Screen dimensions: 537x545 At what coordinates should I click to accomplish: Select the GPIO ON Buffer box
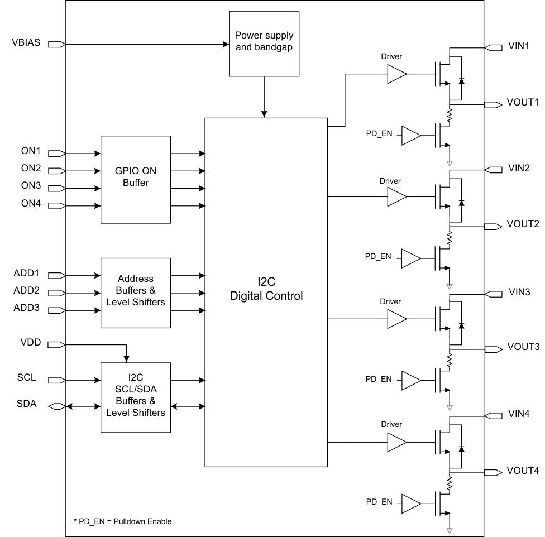point(135,179)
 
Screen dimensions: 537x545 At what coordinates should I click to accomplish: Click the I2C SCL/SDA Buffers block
point(135,397)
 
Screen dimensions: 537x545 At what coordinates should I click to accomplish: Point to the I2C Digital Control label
point(266,290)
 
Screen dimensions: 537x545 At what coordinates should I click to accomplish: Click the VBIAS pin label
point(26,43)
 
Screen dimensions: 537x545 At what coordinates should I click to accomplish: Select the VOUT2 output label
point(523,225)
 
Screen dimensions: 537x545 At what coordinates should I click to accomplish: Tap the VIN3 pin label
point(518,293)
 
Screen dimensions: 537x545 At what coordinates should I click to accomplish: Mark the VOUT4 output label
point(523,471)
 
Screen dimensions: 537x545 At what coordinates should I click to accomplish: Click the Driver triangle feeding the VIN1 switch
point(396,74)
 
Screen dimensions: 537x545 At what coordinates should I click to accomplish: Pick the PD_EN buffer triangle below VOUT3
point(411,380)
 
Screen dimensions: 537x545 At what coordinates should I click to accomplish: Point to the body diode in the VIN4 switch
point(461,449)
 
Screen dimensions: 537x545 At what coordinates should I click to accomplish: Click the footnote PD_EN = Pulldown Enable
point(122,521)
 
